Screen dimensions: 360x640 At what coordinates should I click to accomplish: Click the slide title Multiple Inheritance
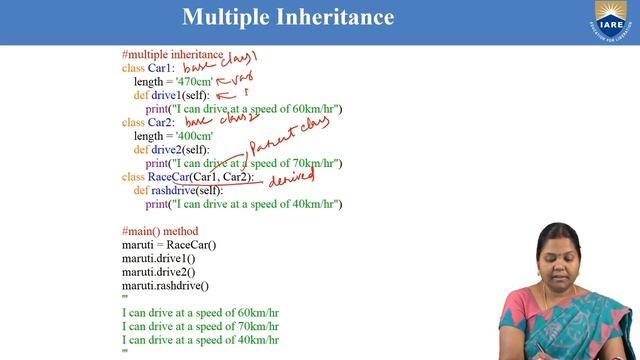point(288,17)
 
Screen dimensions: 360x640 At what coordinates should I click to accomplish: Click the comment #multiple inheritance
point(172,54)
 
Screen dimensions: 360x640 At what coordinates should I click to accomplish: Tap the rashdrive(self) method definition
point(187,190)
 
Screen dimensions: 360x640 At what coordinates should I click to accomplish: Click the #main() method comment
point(160,231)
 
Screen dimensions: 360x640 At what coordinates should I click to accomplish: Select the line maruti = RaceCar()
point(169,245)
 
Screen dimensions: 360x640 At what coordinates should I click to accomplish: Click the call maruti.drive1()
point(158,258)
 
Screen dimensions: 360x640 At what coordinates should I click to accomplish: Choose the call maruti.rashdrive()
point(165,285)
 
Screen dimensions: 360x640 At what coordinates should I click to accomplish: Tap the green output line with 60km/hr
point(200,312)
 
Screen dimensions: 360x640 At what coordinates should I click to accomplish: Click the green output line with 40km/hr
point(200,339)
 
